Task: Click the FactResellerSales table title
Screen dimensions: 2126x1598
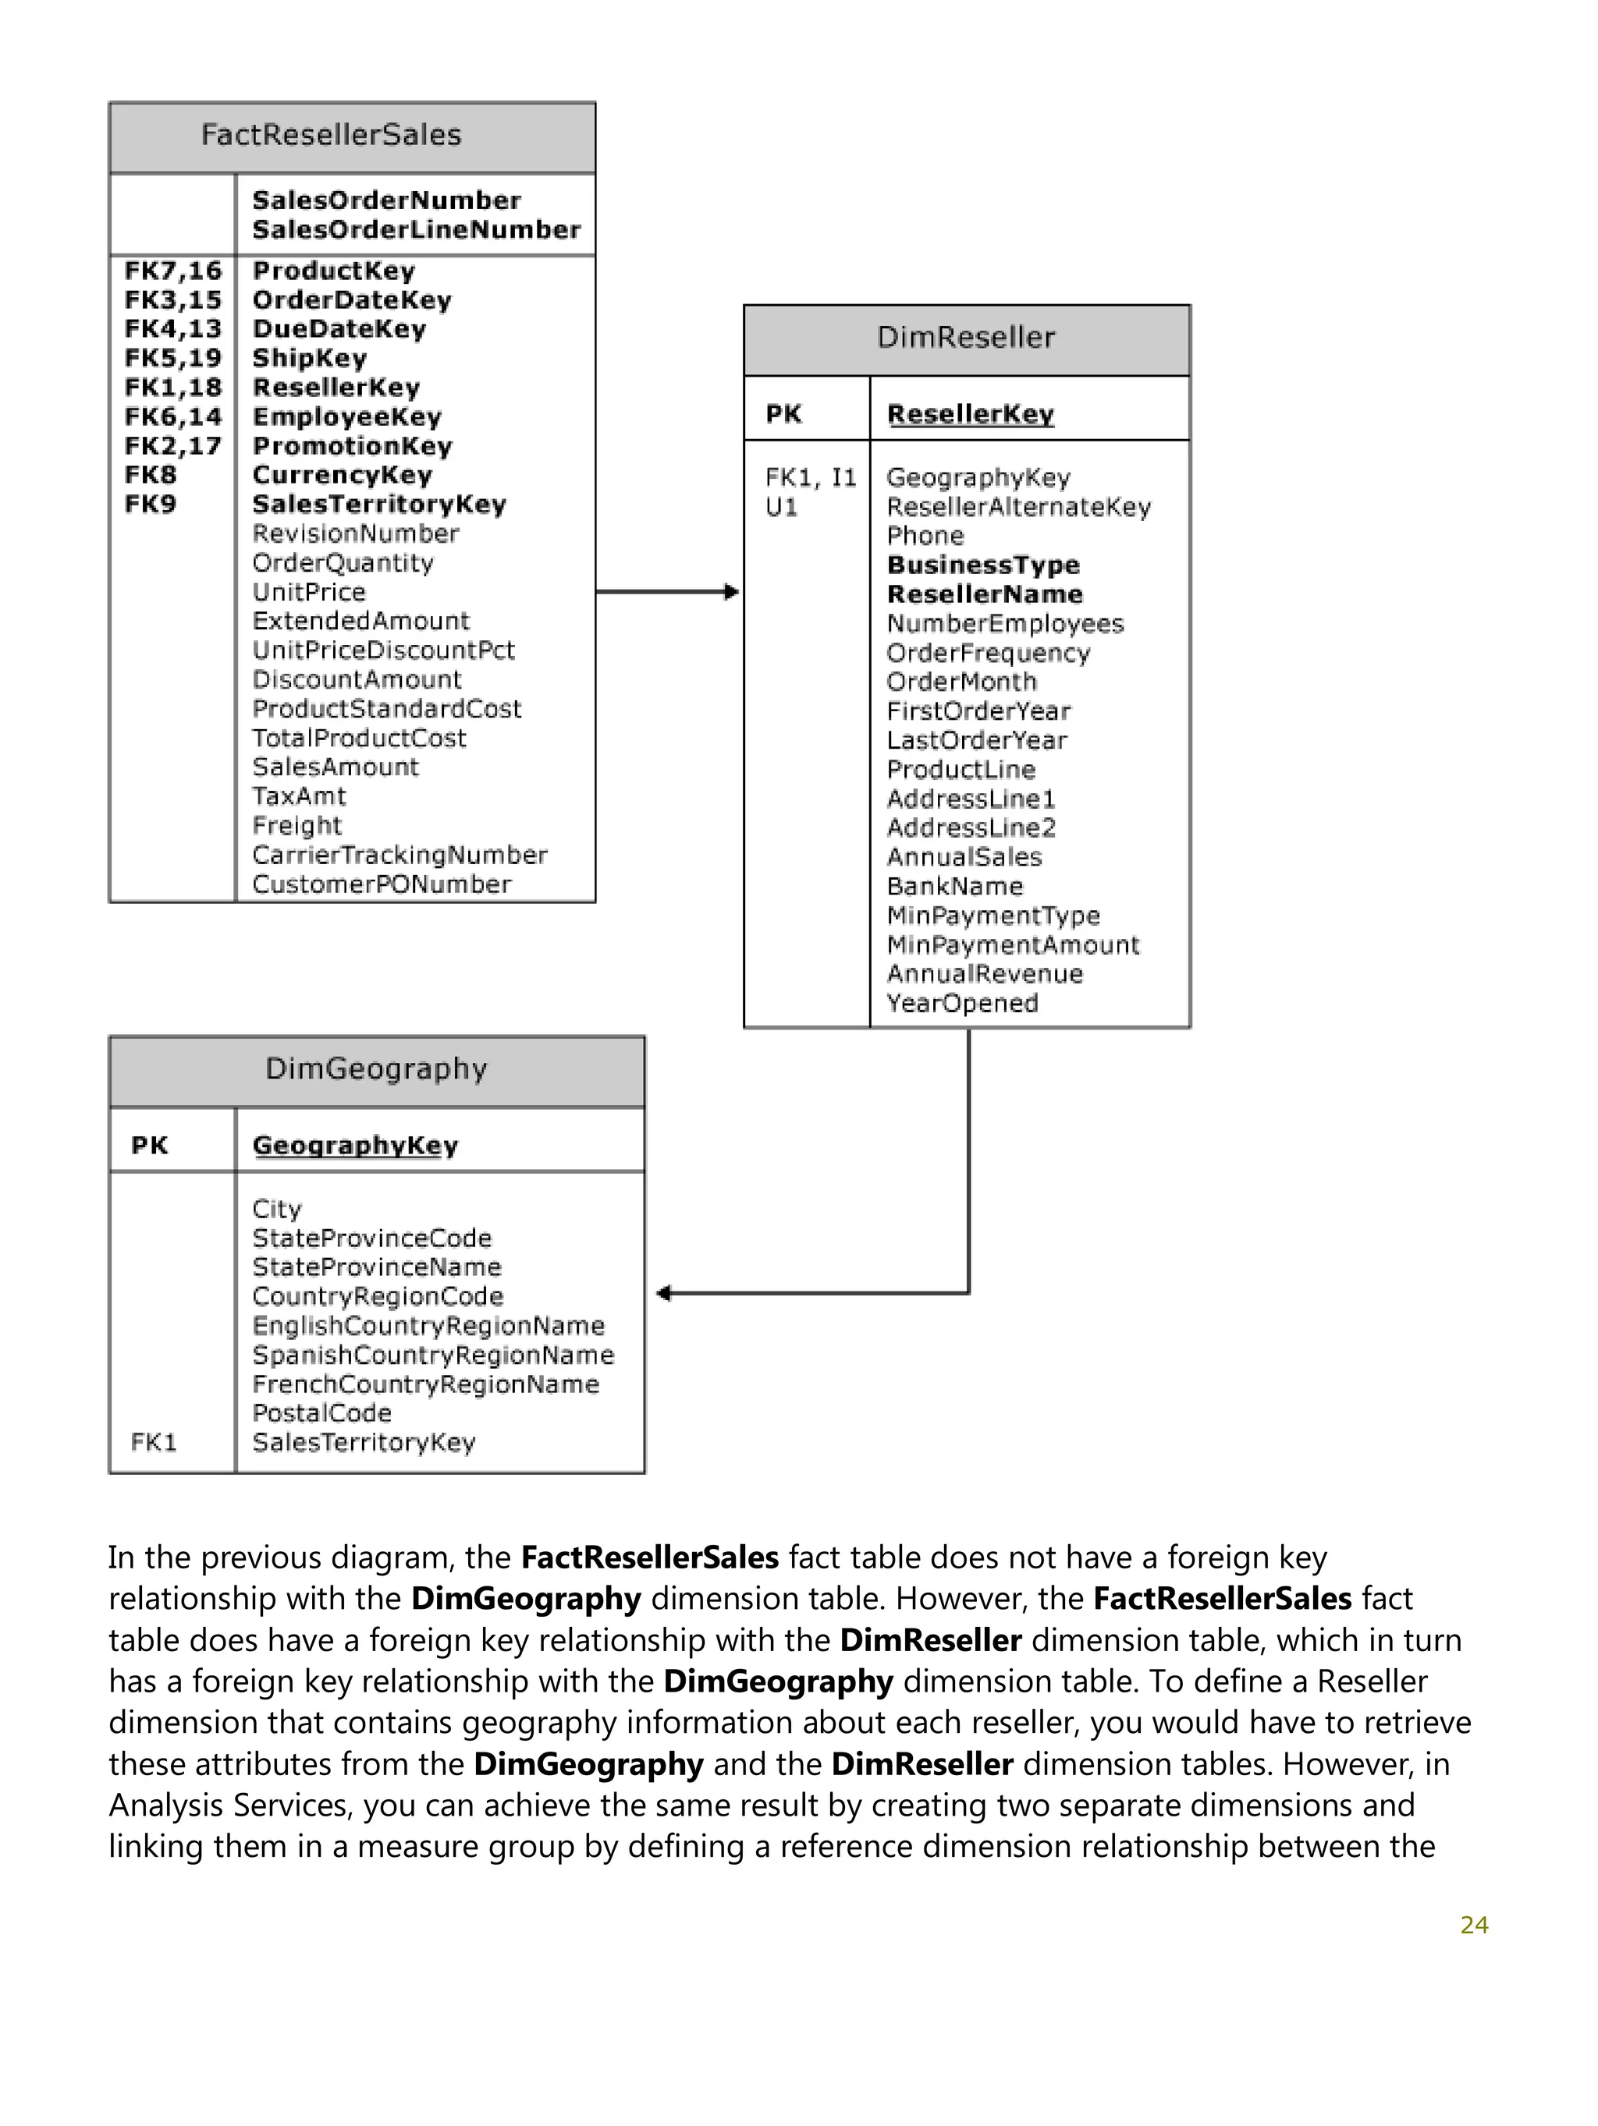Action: click(331, 135)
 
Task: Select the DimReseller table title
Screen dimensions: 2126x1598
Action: click(965, 338)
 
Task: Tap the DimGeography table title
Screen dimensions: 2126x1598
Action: click(376, 1068)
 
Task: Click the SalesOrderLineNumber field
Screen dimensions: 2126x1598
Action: click(417, 230)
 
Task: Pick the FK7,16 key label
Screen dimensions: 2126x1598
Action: click(173, 271)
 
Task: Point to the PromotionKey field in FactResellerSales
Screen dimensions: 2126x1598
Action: click(352, 446)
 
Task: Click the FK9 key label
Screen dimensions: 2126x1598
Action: click(150, 505)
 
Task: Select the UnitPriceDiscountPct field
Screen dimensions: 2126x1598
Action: click(382, 650)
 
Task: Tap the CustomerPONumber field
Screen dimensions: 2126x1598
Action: click(381, 884)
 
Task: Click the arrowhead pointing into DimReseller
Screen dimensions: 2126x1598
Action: click(732, 592)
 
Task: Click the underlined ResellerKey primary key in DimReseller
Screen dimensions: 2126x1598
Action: click(969, 414)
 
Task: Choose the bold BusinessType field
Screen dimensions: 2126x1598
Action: click(982, 565)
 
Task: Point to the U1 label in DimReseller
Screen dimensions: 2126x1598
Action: click(781, 508)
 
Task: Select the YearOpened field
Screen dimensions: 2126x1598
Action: click(961, 1004)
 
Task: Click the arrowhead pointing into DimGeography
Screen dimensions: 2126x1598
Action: click(663, 1294)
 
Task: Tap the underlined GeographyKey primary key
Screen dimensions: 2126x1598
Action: click(355, 1146)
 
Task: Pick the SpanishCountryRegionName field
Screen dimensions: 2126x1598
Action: click(433, 1355)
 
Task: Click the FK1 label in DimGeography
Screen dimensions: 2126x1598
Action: click(153, 1442)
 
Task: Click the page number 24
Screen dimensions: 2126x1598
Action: click(1473, 1925)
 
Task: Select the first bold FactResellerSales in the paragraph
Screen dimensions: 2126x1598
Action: click(649, 1557)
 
